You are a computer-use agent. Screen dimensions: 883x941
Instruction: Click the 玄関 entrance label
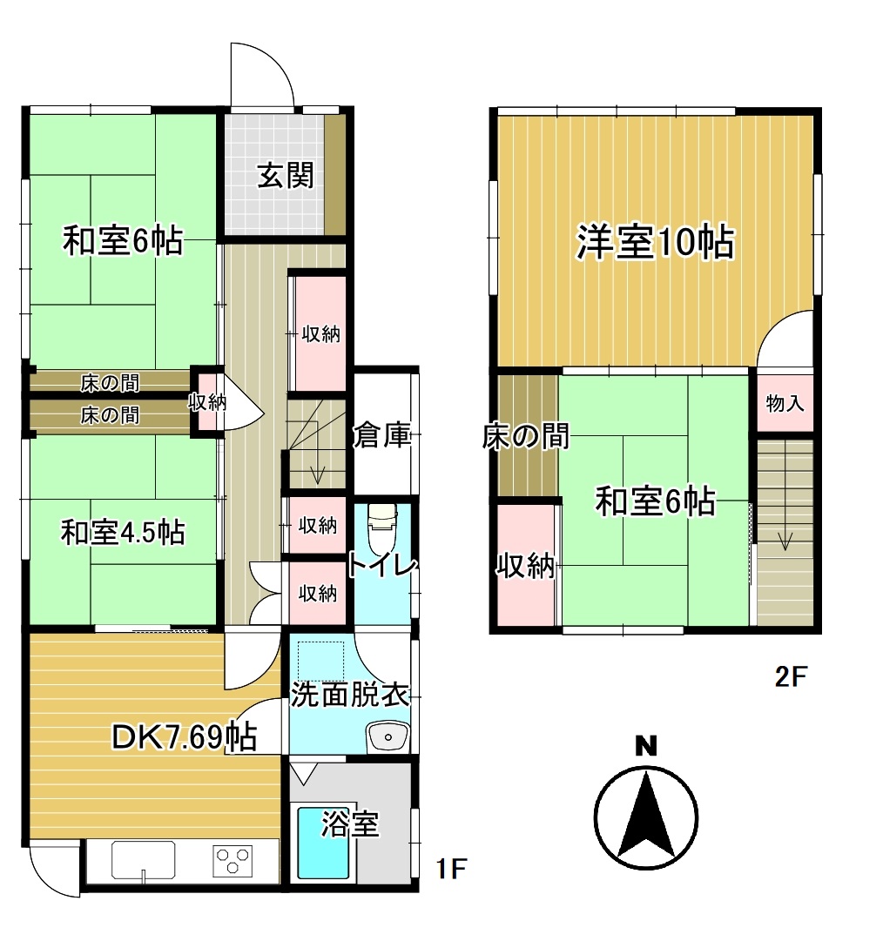click(x=286, y=176)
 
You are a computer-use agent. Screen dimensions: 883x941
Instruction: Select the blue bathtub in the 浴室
click(x=324, y=843)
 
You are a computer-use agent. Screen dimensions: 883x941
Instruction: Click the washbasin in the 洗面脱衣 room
click(x=388, y=736)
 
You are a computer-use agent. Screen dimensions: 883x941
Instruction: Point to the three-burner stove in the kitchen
click(x=233, y=861)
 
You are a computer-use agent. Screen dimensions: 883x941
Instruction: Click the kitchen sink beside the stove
click(x=143, y=860)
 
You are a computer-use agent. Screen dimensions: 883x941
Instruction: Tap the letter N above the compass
click(x=646, y=747)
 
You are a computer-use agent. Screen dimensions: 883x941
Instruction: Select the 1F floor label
click(x=451, y=869)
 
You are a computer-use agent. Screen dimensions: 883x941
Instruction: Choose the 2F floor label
click(x=791, y=677)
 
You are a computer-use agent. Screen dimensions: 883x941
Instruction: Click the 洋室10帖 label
click(x=655, y=242)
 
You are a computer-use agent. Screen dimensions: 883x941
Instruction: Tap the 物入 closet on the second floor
click(x=785, y=403)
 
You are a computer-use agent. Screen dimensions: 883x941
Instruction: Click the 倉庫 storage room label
click(x=381, y=434)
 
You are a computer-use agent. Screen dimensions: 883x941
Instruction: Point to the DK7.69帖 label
click(x=185, y=736)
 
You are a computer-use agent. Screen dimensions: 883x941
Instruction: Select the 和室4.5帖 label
click(x=123, y=533)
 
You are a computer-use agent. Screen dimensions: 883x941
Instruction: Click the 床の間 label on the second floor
click(x=526, y=436)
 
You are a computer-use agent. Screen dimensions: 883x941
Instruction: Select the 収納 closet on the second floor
click(x=525, y=566)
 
